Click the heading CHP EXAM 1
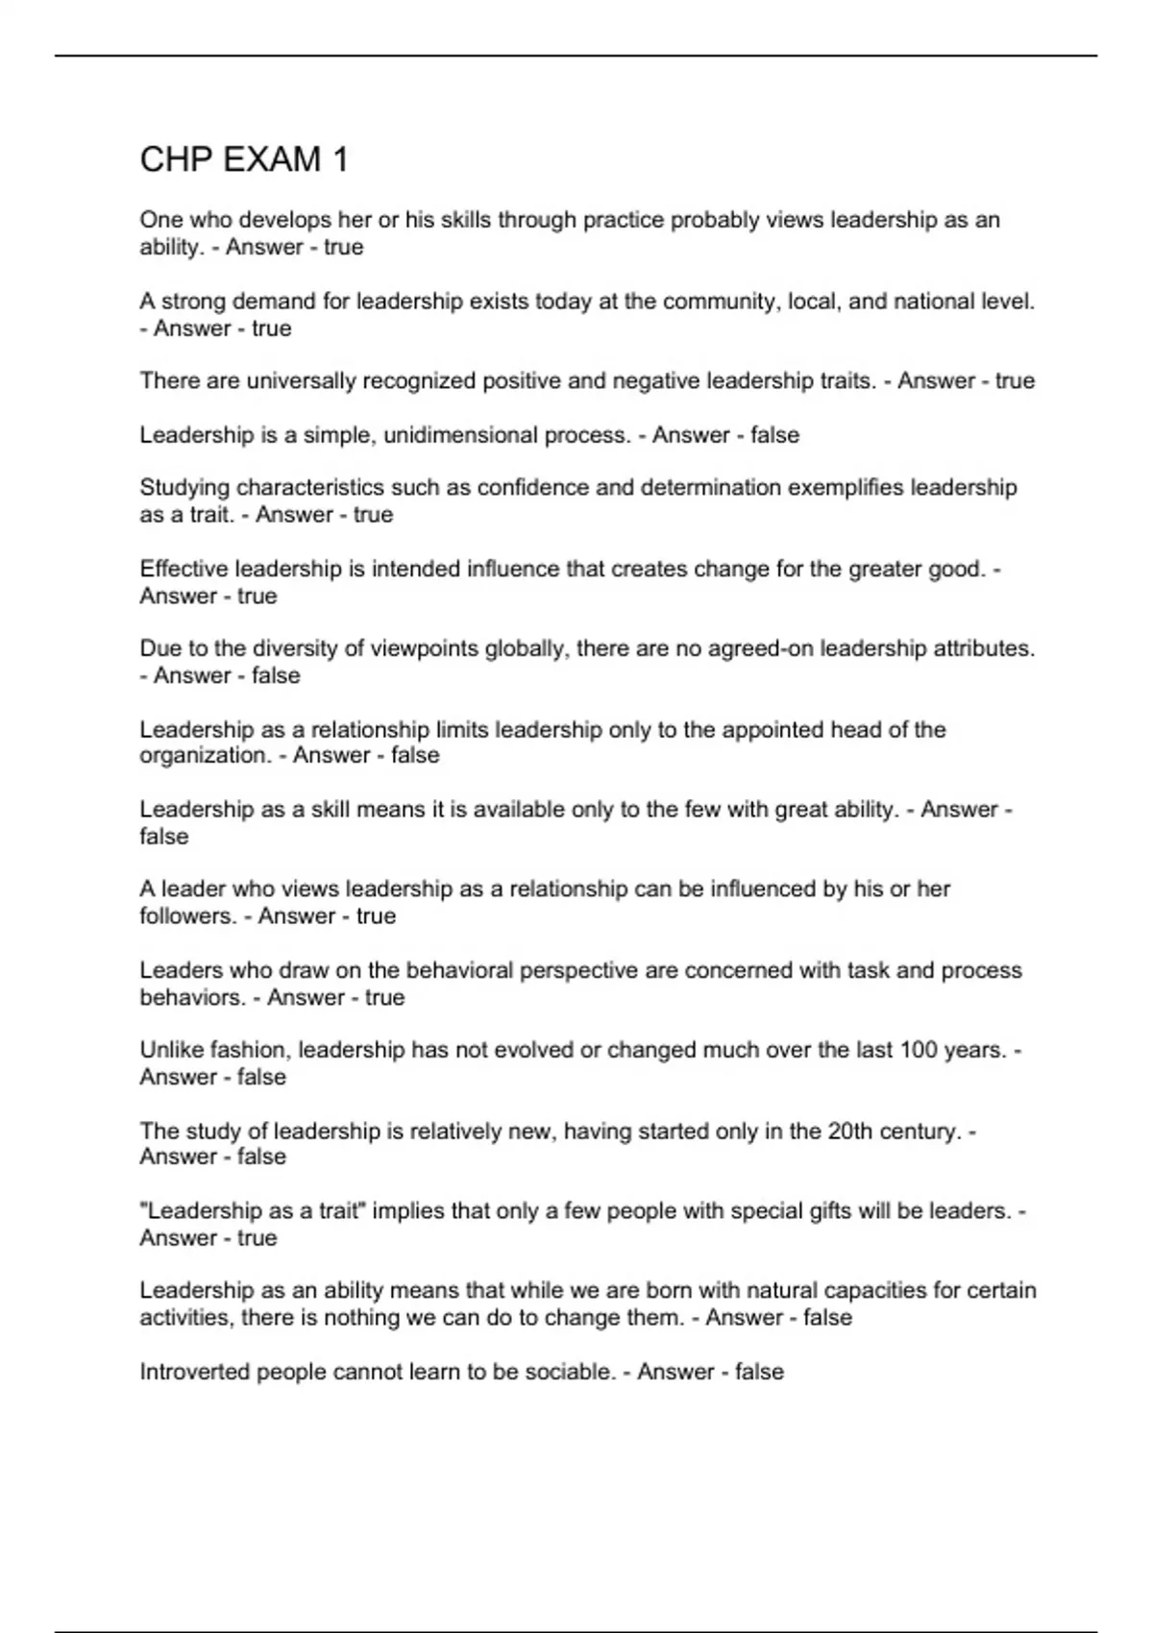244,159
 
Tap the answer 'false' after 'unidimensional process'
774,435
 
